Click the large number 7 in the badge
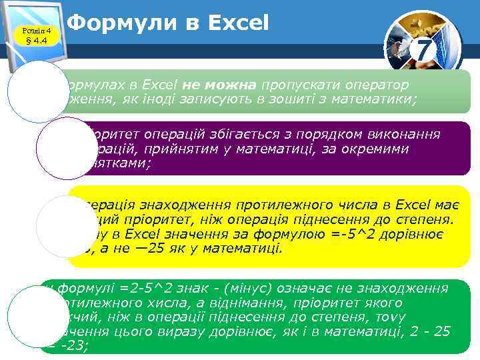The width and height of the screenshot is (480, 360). click(x=423, y=50)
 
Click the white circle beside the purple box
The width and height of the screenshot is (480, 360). click(x=62, y=148)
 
